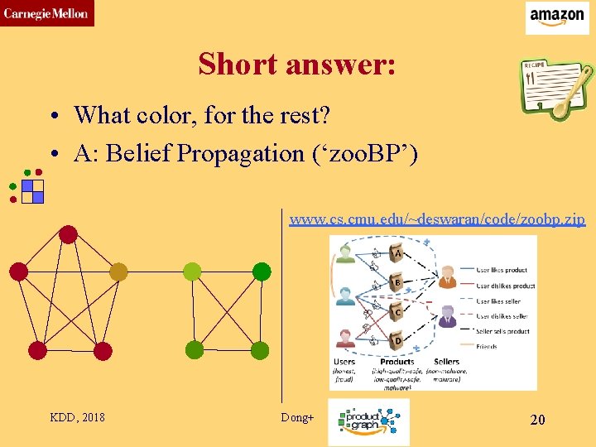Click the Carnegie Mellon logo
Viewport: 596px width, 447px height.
(x=46, y=13)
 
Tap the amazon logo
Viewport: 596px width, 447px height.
(x=557, y=17)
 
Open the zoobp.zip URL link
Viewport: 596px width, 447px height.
(x=437, y=219)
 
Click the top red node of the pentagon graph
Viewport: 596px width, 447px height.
(x=68, y=235)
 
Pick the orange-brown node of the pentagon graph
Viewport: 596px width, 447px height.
(x=118, y=272)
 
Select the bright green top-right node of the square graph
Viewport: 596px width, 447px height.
(x=261, y=272)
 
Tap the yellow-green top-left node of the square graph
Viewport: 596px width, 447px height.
(x=192, y=272)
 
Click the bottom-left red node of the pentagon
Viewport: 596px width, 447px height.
(x=37, y=350)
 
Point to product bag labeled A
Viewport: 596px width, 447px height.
(x=397, y=252)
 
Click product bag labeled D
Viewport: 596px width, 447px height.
(x=397, y=339)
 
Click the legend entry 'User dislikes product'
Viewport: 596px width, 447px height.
(x=506, y=286)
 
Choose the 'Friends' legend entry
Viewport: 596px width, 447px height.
(x=488, y=346)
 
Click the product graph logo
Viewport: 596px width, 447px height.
(x=368, y=421)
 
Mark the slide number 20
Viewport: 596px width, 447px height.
(x=537, y=420)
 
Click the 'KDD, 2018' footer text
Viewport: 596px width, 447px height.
(x=78, y=417)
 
